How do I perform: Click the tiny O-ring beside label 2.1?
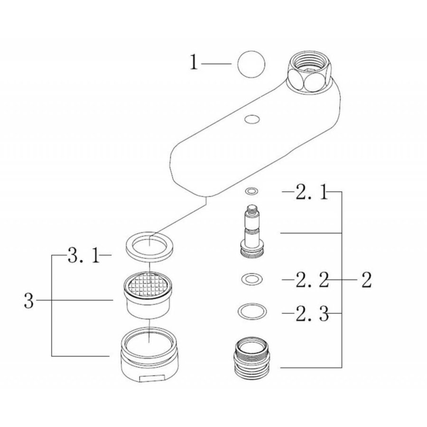(251, 191)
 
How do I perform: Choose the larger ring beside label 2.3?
(251, 312)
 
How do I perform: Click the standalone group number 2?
(365, 281)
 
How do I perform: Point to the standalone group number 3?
(29, 300)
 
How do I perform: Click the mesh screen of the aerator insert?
(149, 286)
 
